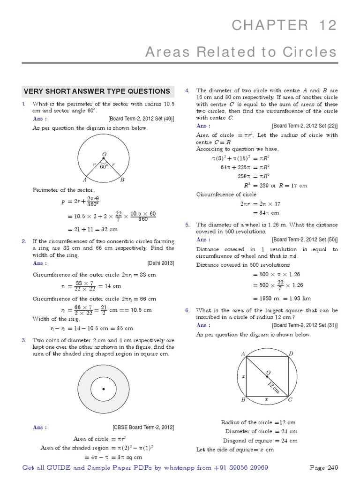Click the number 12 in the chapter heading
click(326, 25)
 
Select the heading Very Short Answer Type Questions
click(97, 91)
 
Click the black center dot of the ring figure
click(103, 390)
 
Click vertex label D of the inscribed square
click(291, 353)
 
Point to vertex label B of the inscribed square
click(243, 400)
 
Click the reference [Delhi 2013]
click(161, 263)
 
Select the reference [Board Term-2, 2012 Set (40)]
click(141, 119)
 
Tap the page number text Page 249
click(323, 468)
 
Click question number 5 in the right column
click(187, 225)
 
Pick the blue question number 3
click(23, 340)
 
